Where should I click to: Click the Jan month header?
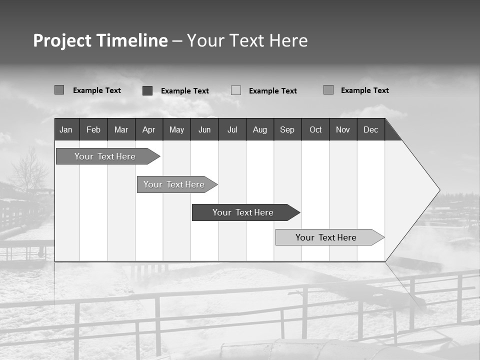point(66,129)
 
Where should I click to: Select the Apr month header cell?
point(148,129)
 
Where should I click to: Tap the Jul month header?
point(232,129)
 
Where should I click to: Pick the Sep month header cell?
point(287,129)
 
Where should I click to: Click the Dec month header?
point(370,129)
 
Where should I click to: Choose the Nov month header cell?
point(342,129)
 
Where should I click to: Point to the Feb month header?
point(93,129)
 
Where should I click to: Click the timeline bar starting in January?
point(105,156)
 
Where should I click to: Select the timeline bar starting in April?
point(174,184)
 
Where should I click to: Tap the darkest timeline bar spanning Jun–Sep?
point(243,212)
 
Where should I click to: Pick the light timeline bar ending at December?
point(326,237)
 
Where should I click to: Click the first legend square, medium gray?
point(59,90)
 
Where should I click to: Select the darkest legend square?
point(147,90)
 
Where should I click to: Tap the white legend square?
point(236,90)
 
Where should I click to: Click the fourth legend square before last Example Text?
point(328,90)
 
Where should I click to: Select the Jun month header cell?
point(204,129)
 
